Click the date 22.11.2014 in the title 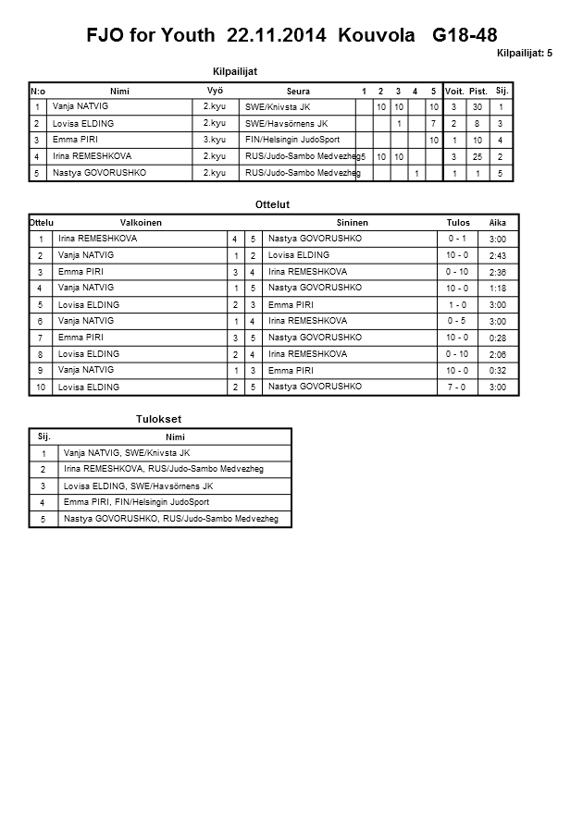[278, 36]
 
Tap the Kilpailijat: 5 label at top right [525, 54]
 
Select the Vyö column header [216, 91]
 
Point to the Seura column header [298, 92]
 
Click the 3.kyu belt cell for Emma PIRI [215, 139]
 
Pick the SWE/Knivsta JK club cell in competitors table [278, 107]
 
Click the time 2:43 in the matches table [497, 255]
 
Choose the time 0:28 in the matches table [497, 338]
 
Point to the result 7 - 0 [456, 387]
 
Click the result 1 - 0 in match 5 [456, 304]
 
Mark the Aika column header [498, 223]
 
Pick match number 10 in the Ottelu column [41, 387]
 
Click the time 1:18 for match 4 [497, 289]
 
